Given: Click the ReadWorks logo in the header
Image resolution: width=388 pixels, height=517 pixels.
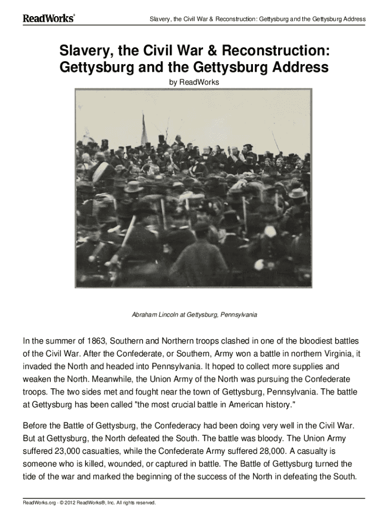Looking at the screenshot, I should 49,19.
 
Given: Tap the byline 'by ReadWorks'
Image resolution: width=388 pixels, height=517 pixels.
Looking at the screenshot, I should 193,82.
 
